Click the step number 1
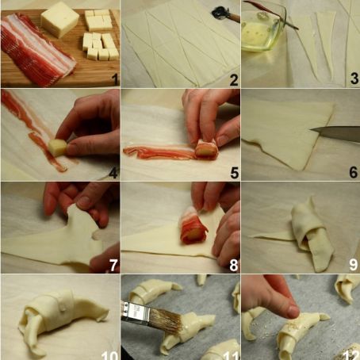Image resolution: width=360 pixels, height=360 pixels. [x=114, y=79]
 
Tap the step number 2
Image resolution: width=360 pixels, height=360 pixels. [x=233, y=79]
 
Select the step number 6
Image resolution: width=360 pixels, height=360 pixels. [x=353, y=172]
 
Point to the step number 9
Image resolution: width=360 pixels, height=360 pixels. [x=353, y=265]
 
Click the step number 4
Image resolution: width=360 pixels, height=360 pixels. [x=113, y=172]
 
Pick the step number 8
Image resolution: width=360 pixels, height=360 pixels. [x=233, y=265]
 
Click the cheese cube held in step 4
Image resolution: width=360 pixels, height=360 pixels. [x=58, y=146]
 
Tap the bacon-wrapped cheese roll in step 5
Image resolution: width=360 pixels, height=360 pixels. [x=205, y=148]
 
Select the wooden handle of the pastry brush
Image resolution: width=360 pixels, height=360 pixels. [x=132, y=312]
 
